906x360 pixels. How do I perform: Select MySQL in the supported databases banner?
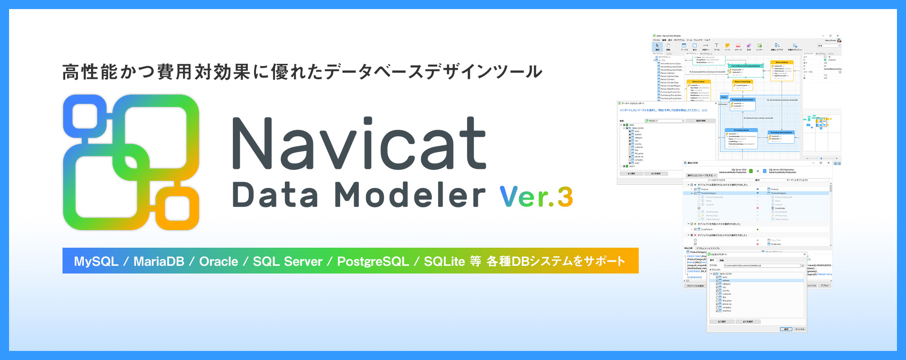coord(96,261)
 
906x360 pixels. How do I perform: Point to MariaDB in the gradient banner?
coord(159,261)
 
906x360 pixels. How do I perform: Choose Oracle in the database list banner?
coord(218,261)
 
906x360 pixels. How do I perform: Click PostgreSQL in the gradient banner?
coord(373,261)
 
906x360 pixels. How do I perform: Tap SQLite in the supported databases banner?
coord(444,261)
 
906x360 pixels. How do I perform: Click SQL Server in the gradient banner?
coord(287,261)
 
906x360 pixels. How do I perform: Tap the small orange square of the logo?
coord(177,208)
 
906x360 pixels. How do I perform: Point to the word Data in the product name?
coord(275,195)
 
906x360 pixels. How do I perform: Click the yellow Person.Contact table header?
coord(699,82)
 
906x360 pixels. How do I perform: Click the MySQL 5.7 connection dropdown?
coord(665,121)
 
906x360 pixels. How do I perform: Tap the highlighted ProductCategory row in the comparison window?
coord(725,193)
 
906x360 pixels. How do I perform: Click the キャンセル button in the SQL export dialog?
coord(800,329)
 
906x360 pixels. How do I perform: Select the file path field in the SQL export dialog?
coord(761,265)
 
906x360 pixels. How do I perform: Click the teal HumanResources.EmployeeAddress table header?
coord(746,66)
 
